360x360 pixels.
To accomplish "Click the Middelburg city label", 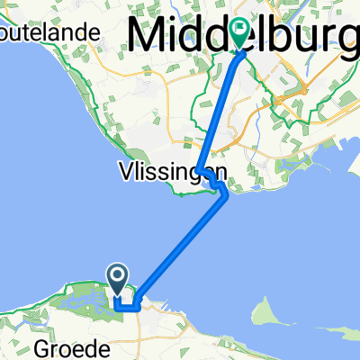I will pyautogui.click(x=243, y=36).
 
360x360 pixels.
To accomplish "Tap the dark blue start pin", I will pyautogui.click(x=118, y=276).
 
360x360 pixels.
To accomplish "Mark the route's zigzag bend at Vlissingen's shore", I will pyautogui.click(x=216, y=184).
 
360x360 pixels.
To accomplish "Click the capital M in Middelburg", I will pyautogui.click(x=148, y=36).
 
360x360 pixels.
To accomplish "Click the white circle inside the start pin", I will pyautogui.click(x=118, y=273).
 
